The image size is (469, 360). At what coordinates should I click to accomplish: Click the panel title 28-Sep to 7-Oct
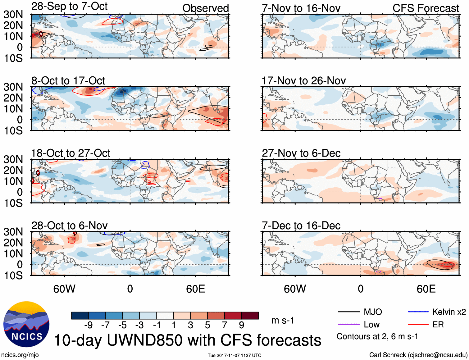[x=69, y=6]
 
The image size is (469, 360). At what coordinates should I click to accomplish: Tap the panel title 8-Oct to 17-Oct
[x=68, y=81]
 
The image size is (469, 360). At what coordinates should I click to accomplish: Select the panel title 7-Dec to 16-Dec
[x=301, y=226]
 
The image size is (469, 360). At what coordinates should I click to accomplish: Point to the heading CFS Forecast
[x=426, y=8]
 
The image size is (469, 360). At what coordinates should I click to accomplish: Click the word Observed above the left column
[x=205, y=8]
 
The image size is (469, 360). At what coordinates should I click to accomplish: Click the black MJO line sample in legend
[x=348, y=312]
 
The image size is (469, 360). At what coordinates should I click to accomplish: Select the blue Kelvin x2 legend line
[x=418, y=312]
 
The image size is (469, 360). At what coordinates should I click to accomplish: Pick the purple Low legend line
[x=348, y=324]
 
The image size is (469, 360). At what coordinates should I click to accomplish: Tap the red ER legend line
[x=418, y=324]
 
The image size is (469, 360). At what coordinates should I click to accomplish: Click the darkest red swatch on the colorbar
[x=250, y=316]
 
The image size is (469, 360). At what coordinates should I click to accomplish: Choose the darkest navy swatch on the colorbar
[x=80, y=316]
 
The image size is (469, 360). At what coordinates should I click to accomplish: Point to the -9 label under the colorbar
[x=89, y=325]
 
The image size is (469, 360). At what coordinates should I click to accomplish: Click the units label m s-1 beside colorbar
[x=283, y=320]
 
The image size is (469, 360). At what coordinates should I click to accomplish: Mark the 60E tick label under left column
[x=195, y=289]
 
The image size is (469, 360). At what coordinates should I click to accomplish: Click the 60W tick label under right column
[x=295, y=289]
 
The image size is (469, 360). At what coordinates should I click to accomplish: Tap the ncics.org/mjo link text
[x=20, y=355]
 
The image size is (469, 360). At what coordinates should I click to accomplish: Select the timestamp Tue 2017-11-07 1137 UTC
[x=234, y=355]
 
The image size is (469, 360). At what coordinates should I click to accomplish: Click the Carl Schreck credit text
[x=418, y=355]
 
